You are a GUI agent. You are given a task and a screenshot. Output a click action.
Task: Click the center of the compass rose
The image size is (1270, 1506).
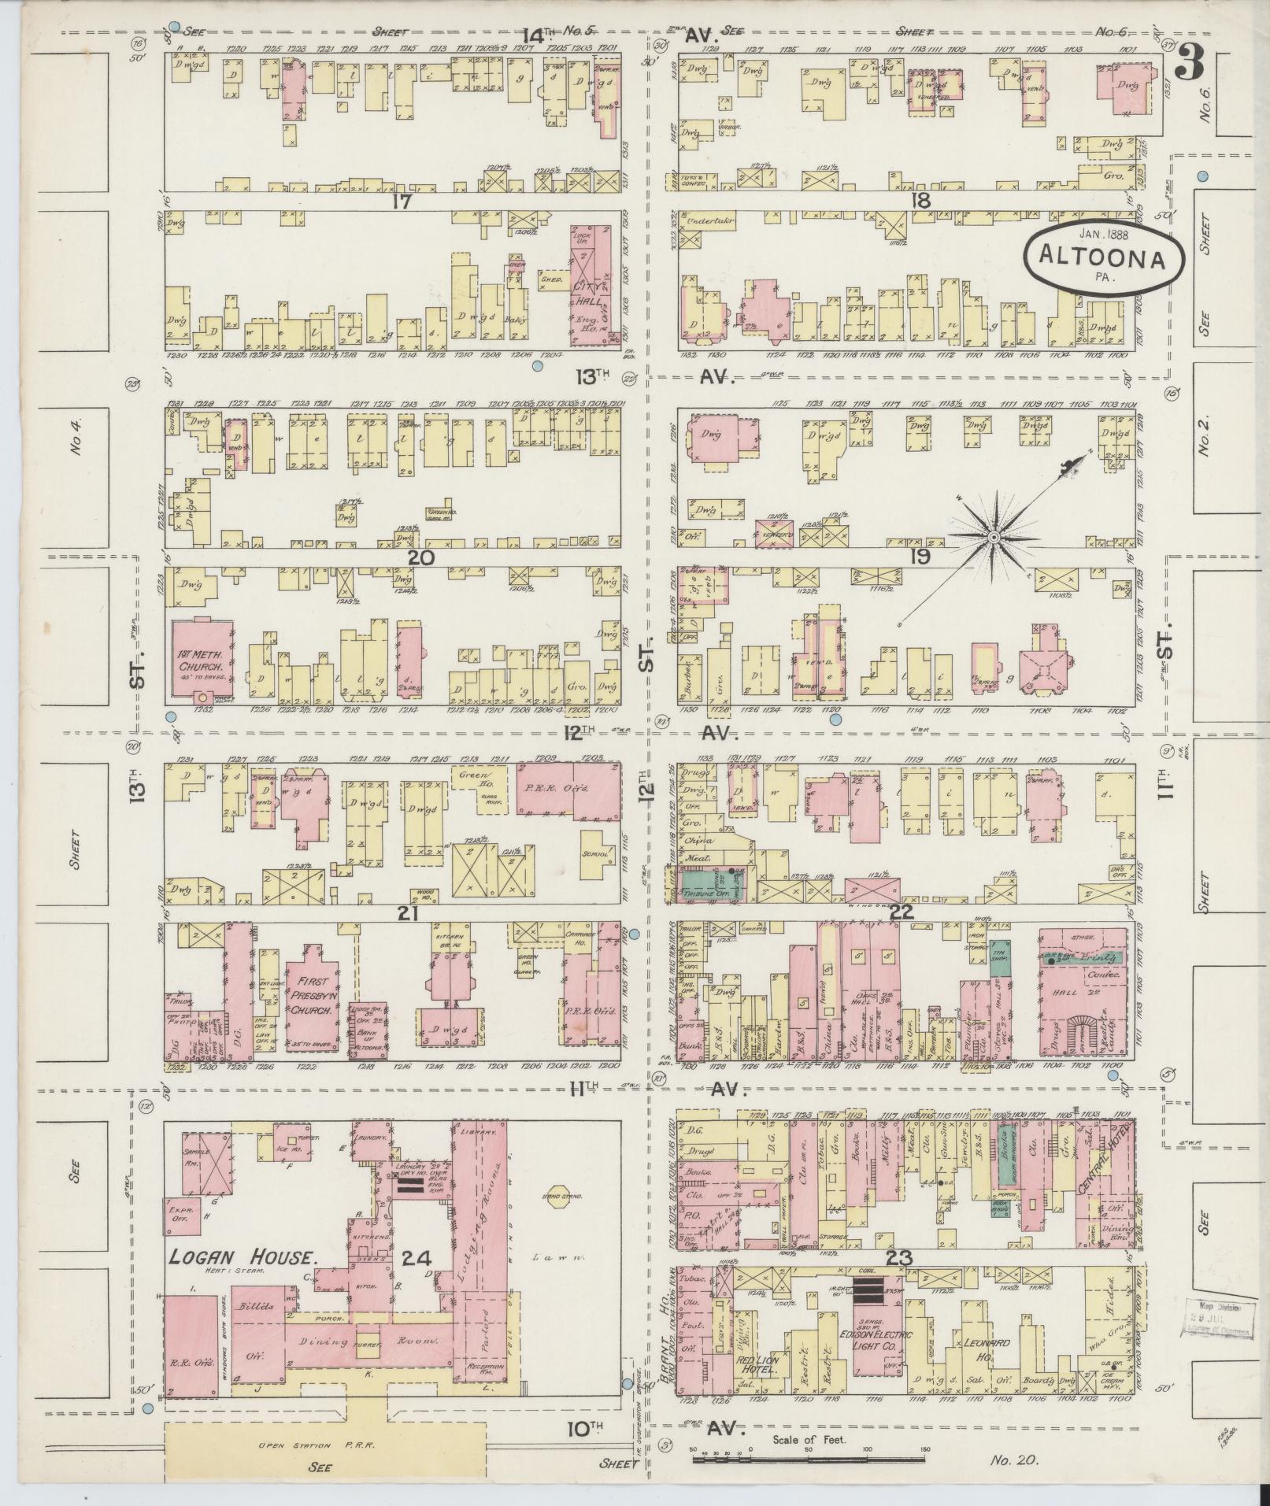pyautogui.click(x=994, y=536)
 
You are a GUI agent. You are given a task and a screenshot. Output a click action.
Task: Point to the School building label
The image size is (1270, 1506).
pyautogui.click(x=596, y=853)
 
